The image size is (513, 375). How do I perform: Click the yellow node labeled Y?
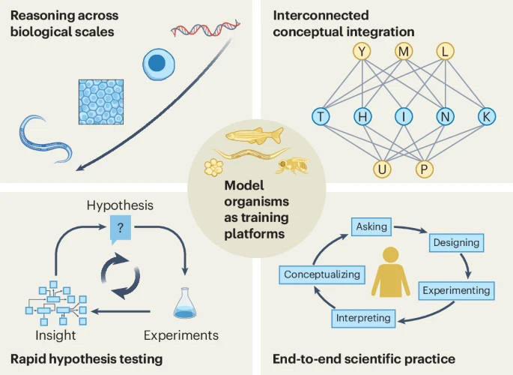(363, 51)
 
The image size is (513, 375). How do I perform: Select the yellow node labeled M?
(404, 51)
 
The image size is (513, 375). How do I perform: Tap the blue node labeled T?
(321, 116)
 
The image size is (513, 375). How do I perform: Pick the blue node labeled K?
(485, 116)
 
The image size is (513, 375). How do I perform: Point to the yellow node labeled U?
(383, 169)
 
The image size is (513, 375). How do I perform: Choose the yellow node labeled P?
(425, 169)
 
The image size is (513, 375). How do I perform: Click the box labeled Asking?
(371, 226)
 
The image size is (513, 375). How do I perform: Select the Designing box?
(455, 243)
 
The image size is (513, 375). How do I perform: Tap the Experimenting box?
(455, 289)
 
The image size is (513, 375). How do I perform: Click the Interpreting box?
(363, 318)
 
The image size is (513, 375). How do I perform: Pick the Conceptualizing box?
(322, 274)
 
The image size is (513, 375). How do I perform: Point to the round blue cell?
(157, 64)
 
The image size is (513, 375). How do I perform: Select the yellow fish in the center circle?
(255, 136)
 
